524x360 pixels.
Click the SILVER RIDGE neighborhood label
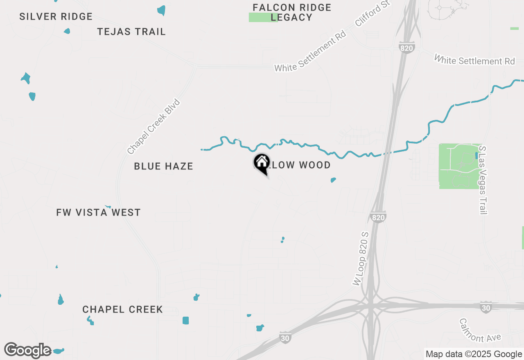pyautogui.click(x=56, y=17)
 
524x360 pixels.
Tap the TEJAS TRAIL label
pyautogui.click(x=131, y=32)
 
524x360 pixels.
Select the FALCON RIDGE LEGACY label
pyautogui.click(x=292, y=12)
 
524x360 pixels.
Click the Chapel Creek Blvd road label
pyautogui.click(x=154, y=127)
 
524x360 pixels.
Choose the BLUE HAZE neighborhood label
pyautogui.click(x=163, y=166)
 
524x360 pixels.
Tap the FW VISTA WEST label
pyautogui.click(x=98, y=212)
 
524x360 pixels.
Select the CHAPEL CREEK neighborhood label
pyautogui.click(x=122, y=310)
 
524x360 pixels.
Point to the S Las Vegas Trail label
pyautogui.click(x=483, y=180)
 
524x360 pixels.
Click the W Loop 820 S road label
pyautogui.click(x=361, y=259)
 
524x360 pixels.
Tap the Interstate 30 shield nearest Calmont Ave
pyautogui.click(x=486, y=307)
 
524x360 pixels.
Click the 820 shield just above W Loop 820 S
pyautogui.click(x=378, y=217)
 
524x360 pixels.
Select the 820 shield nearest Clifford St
pyautogui.click(x=407, y=47)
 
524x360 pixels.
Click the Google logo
pyautogui.click(x=28, y=350)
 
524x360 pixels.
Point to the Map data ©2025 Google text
pyautogui.click(x=474, y=354)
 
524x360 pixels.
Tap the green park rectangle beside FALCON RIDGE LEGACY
pyautogui.click(x=263, y=18)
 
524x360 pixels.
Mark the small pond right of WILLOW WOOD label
pyautogui.click(x=333, y=180)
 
